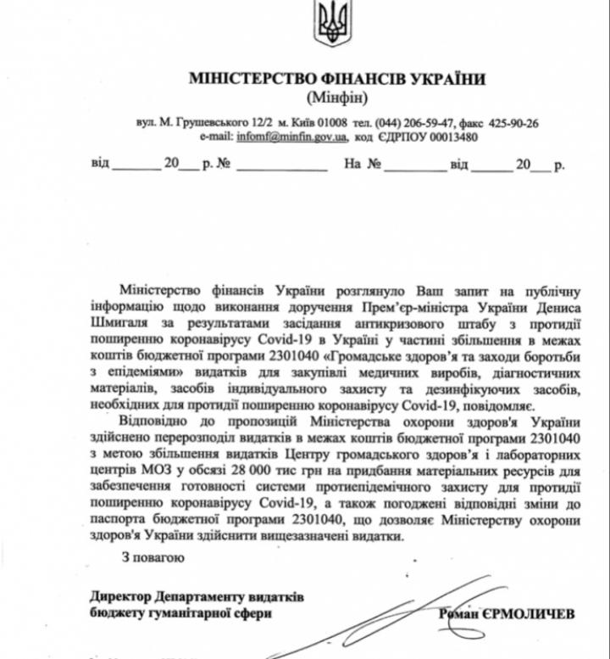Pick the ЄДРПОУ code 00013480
pos(453,136)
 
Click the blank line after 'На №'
pos(415,166)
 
